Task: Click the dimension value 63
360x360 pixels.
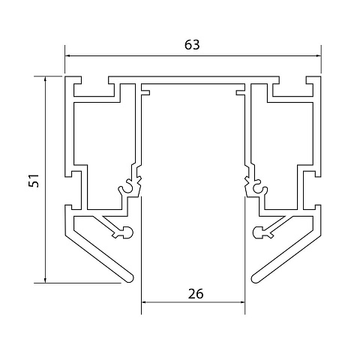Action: [192, 45]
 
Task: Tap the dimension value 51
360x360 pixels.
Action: [34, 181]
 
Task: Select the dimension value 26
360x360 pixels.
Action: [196, 294]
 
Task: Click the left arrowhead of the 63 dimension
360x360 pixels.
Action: [67, 56]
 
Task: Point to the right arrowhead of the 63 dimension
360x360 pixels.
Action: [318, 56]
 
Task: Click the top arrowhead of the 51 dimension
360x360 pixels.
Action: [45, 79]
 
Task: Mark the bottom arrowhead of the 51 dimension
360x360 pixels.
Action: [45, 280]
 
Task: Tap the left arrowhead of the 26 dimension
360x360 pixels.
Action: [144, 302]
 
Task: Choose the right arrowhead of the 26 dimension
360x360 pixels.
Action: [242, 302]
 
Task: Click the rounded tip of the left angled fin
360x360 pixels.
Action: [130, 278]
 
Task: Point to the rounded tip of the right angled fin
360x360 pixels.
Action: [255, 278]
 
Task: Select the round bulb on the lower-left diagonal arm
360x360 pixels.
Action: [127, 232]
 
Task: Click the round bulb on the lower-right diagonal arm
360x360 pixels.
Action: [258, 232]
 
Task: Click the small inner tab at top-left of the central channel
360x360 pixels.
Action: [145, 93]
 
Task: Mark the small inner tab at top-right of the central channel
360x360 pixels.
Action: [240, 93]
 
